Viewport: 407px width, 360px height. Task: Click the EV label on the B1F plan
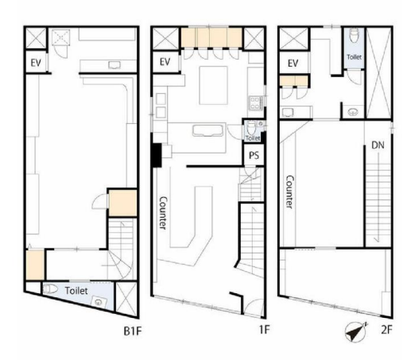(36, 63)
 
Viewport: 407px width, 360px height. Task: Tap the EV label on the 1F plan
(165, 62)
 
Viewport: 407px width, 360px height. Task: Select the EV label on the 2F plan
(293, 64)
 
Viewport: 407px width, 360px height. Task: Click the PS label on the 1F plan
(254, 155)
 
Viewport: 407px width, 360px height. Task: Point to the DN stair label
(378, 145)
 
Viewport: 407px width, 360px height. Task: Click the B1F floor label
(133, 331)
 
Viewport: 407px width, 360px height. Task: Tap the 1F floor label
(264, 330)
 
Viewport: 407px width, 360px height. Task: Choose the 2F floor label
(386, 330)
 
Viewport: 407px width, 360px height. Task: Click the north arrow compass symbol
(356, 331)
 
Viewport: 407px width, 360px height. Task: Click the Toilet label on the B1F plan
(76, 291)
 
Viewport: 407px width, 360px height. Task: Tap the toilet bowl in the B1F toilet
(50, 288)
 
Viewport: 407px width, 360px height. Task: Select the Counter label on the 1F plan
(163, 213)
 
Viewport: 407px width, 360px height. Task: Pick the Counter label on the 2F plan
(289, 192)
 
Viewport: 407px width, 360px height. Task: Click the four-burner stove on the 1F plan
(256, 103)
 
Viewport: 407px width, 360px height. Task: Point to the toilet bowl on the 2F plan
(354, 35)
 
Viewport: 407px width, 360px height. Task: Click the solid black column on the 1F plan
(157, 155)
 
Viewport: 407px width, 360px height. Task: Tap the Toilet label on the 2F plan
(355, 57)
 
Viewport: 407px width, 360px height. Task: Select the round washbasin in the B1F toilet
(99, 302)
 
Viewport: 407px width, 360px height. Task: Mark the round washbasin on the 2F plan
(353, 112)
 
